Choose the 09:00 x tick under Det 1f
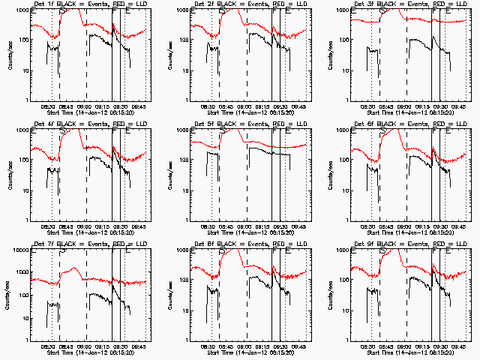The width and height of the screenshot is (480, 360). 84,106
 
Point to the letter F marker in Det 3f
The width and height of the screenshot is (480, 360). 434,13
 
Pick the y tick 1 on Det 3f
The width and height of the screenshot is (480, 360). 347,100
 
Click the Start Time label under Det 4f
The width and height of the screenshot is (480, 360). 84,232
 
